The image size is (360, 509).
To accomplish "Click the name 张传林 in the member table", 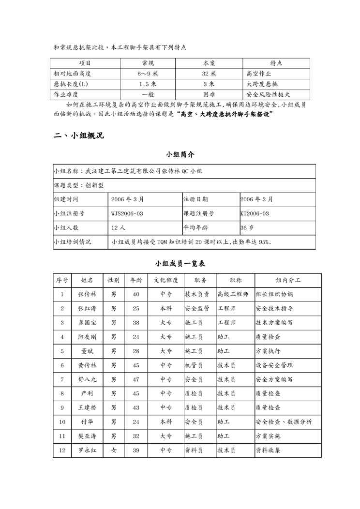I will pyautogui.click(x=87, y=294).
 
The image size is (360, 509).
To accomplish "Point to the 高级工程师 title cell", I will pyautogui.click(x=233, y=294).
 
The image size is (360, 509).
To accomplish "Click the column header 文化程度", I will pyautogui.click(x=166, y=280).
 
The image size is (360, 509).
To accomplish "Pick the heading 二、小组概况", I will pyautogui.click(x=78, y=136).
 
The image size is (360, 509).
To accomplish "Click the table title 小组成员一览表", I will pyautogui.click(x=180, y=264).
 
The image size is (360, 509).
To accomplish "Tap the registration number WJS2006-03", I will pyautogui.click(x=127, y=213).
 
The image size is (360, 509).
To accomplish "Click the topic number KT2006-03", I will pyautogui.click(x=255, y=213).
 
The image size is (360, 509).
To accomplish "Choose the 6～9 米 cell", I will pyautogui.click(x=148, y=74).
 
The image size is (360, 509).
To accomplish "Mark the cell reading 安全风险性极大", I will pyautogui.click(x=268, y=95).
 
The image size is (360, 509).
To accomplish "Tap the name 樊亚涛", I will pyautogui.click(x=87, y=436).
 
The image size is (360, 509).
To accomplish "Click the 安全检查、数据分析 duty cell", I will pyautogui.click(x=284, y=422).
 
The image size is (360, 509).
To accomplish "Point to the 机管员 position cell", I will pyautogui.click(x=194, y=365).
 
